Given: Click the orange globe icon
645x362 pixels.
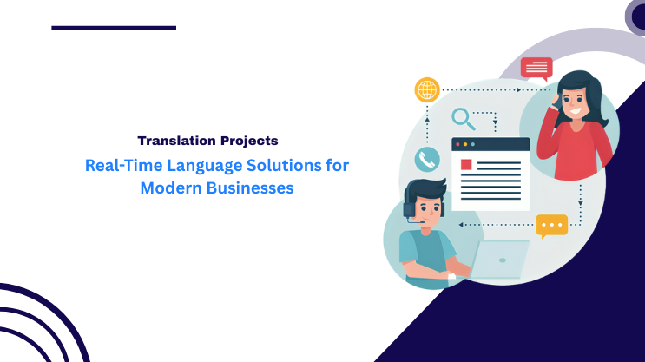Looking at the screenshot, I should (x=427, y=89).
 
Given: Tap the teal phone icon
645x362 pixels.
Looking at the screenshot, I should (x=426, y=159).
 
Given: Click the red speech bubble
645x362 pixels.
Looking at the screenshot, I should (x=536, y=68).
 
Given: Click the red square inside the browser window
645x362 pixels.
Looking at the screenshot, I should (x=466, y=164).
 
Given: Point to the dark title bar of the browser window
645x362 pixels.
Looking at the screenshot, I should (x=490, y=144).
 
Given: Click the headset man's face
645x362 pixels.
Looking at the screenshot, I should (x=425, y=209).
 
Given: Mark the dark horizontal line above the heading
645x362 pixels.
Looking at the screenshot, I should (x=114, y=28).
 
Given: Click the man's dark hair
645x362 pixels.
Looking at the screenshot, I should (x=425, y=188).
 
